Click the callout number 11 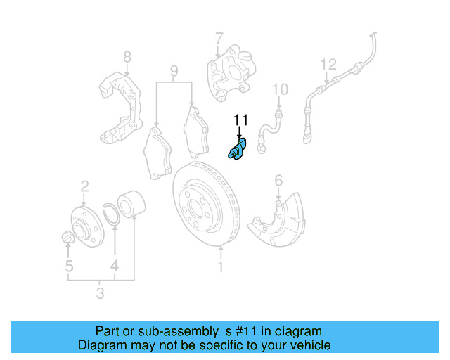pos(240,120)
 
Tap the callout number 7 pos(219,38)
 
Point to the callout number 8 pos(127,56)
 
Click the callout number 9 pos(174,71)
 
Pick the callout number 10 pos(280,89)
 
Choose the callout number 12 pos(328,65)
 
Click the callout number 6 pos(278,181)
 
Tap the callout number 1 pos(221,267)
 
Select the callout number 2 pos(84,186)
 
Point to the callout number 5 pos(68,266)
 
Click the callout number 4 pos(114,266)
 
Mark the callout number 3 pos(100,292)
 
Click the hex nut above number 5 pos(67,238)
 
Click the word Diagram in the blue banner pos(99,345)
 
